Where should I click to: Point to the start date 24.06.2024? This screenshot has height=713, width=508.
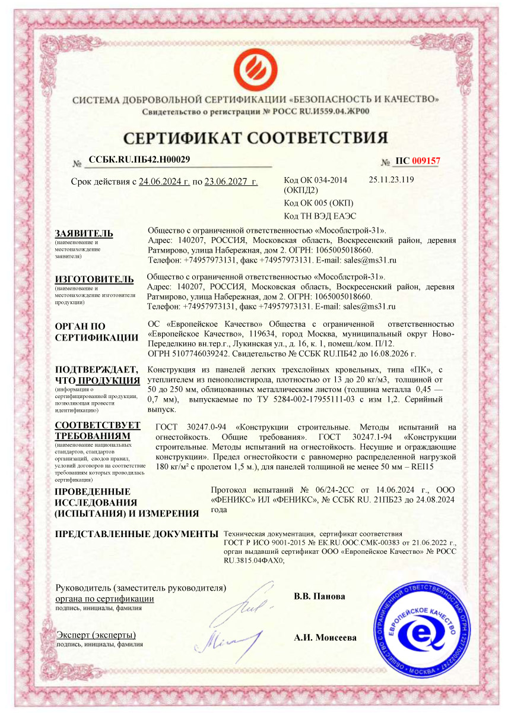(x=164, y=182)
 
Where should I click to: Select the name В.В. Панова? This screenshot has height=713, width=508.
(x=319, y=596)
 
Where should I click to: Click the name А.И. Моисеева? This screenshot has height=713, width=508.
(x=325, y=638)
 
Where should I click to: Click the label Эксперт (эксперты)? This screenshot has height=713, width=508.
(x=96, y=635)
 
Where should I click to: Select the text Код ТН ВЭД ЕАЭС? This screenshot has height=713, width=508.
(x=320, y=216)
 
